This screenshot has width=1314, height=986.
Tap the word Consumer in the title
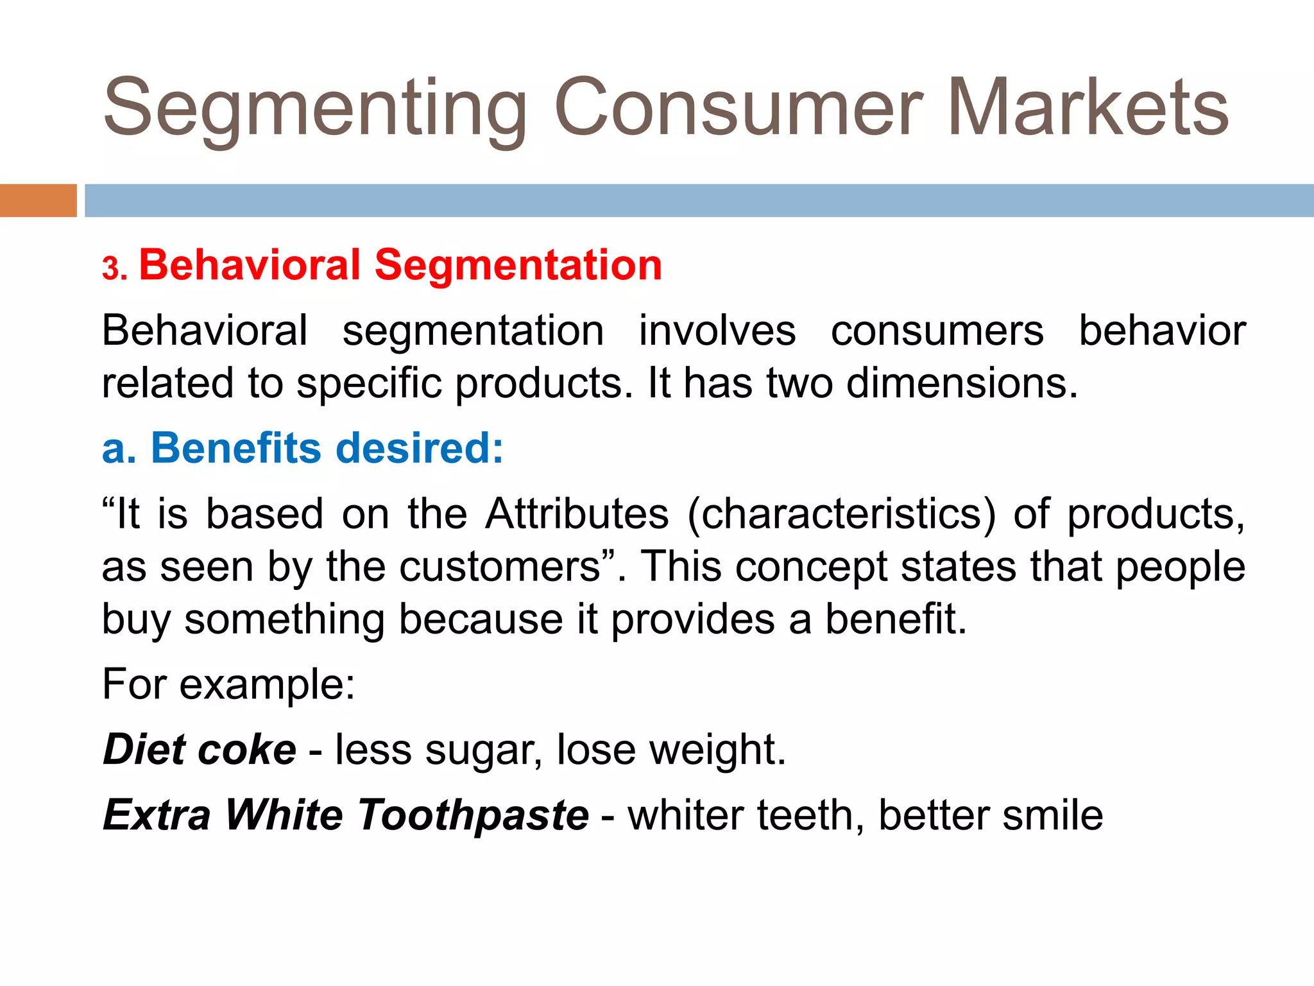pyautogui.click(x=738, y=107)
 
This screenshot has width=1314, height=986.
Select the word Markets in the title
pyautogui.click(x=1088, y=107)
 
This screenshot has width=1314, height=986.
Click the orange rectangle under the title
pyautogui.click(x=38, y=200)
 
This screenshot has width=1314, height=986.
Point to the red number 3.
pyautogui.click(x=114, y=268)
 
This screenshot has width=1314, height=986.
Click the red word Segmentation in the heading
pyautogui.click(x=518, y=264)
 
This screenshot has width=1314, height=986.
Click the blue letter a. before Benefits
pyautogui.click(x=119, y=447)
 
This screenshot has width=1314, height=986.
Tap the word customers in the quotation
pyautogui.click(x=500, y=567)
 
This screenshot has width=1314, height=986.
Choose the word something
pyautogui.click(x=284, y=619)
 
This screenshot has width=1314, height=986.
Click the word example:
pyautogui.click(x=267, y=684)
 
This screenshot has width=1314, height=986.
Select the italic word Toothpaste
pyautogui.click(x=472, y=815)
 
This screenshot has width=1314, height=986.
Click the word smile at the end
pyautogui.click(x=1052, y=815)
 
